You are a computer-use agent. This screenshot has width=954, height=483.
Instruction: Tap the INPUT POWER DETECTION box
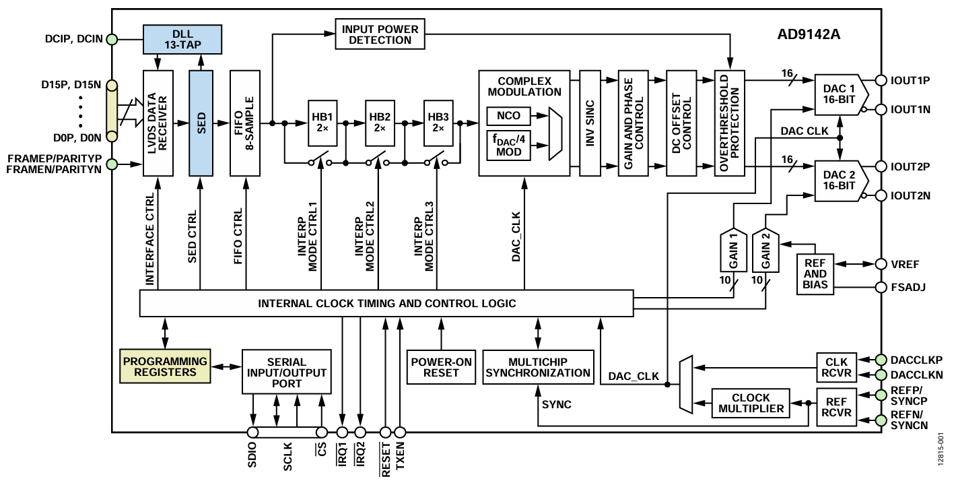380,34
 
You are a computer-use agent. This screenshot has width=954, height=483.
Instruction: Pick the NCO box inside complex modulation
509,116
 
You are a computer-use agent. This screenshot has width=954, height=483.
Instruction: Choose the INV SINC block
589,123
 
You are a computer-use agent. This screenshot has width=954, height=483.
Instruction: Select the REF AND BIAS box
815,274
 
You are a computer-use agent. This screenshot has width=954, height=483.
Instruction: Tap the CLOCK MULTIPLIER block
751,403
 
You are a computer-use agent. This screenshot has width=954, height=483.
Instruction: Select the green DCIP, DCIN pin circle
112,40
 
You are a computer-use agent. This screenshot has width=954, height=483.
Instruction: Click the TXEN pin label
401,458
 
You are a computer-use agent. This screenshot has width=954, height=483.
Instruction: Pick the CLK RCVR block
836,366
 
